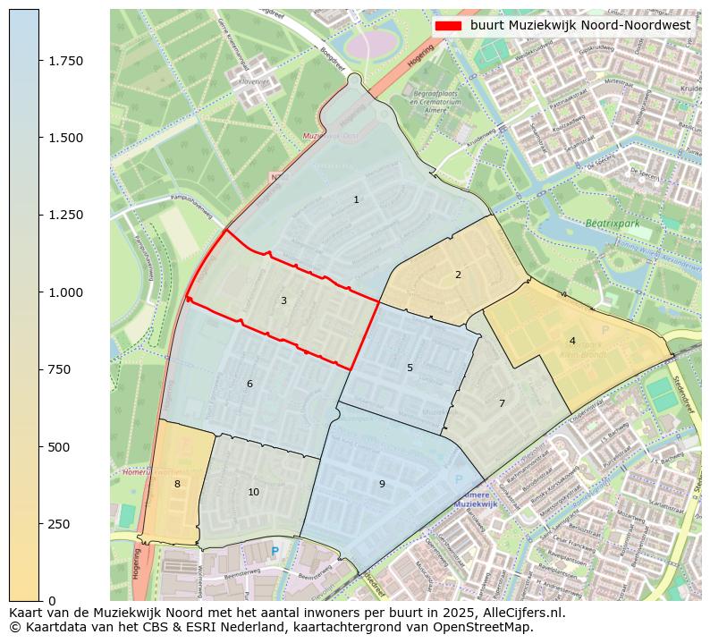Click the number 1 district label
pos(356,199)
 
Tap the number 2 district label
pos(458,275)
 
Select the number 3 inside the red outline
pos(283,300)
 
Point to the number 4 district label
pos(572,341)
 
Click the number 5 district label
pos(410,368)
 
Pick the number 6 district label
pos(249,384)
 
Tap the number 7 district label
pos(502,403)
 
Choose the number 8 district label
pos(177,484)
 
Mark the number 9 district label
pos(382,484)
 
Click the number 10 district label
pos(254,492)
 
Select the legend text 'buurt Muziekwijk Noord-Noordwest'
pos(580,26)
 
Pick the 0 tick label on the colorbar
pos(52,600)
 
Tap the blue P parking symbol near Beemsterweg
pos(275,552)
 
